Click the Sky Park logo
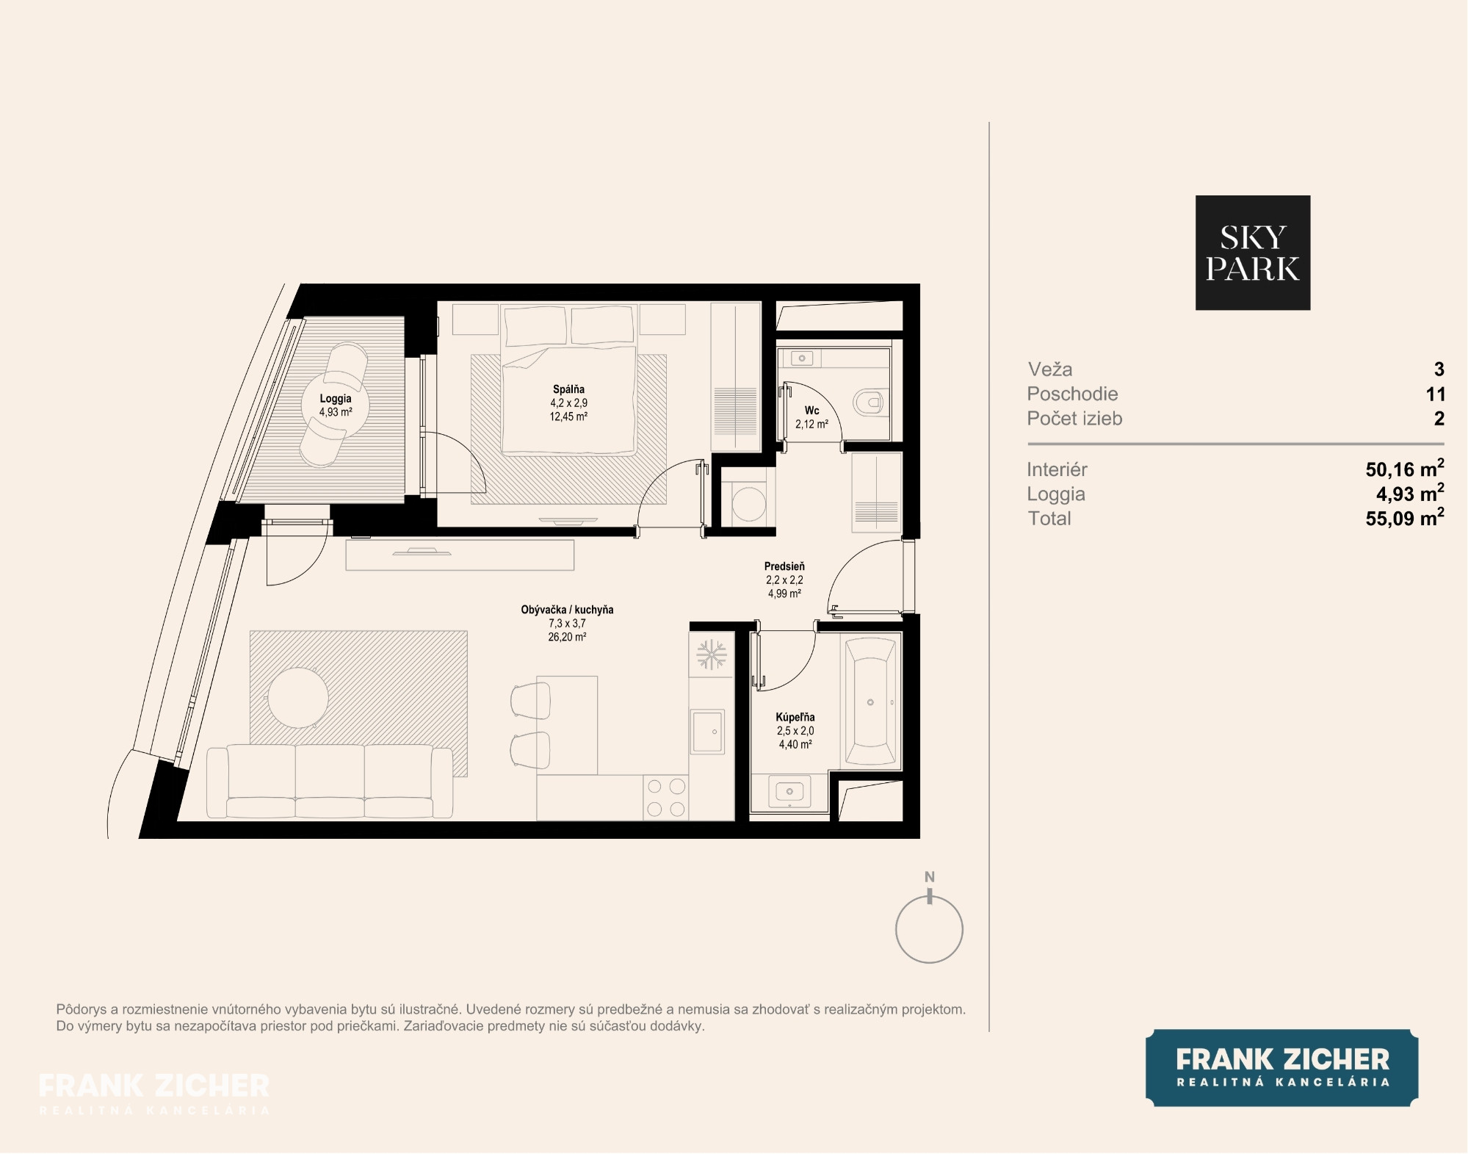click(1252, 252)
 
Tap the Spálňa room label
click(568, 389)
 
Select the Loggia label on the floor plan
click(336, 398)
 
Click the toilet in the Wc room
click(868, 402)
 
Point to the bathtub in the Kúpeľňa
click(870, 702)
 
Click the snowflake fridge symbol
click(710, 654)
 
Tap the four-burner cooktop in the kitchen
click(666, 798)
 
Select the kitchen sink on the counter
click(708, 731)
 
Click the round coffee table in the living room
click(298, 697)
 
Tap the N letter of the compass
click(929, 876)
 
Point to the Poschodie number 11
click(1436, 394)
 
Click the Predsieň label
click(784, 566)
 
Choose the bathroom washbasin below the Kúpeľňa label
click(789, 791)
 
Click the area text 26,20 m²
click(567, 637)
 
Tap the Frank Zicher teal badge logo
click(1281, 1067)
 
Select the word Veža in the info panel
click(1050, 369)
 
